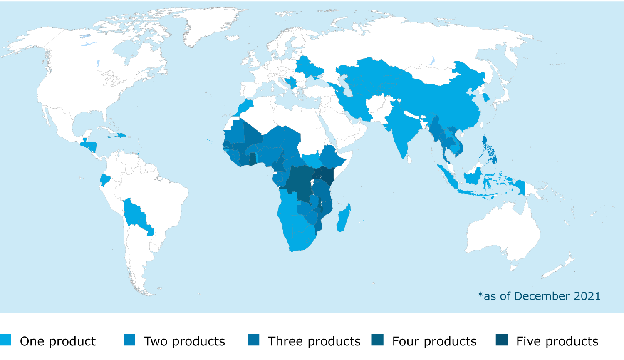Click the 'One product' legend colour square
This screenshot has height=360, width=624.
pyautogui.click(x=6, y=340)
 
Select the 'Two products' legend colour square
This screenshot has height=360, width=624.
pyautogui.click(x=129, y=340)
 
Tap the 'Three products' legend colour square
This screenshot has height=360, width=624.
pyautogui.click(x=253, y=340)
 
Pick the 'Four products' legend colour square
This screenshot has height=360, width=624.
pyautogui.click(x=378, y=340)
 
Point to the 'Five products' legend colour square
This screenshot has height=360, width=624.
pyautogui.click(x=502, y=340)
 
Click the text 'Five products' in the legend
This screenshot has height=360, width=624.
pyautogui.click(x=557, y=341)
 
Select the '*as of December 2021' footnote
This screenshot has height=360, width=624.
pyautogui.click(x=539, y=296)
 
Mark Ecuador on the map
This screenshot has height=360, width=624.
pyautogui.click(x=105, y=180)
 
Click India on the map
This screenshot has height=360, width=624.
pyautogui.click(x=401, y=129)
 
